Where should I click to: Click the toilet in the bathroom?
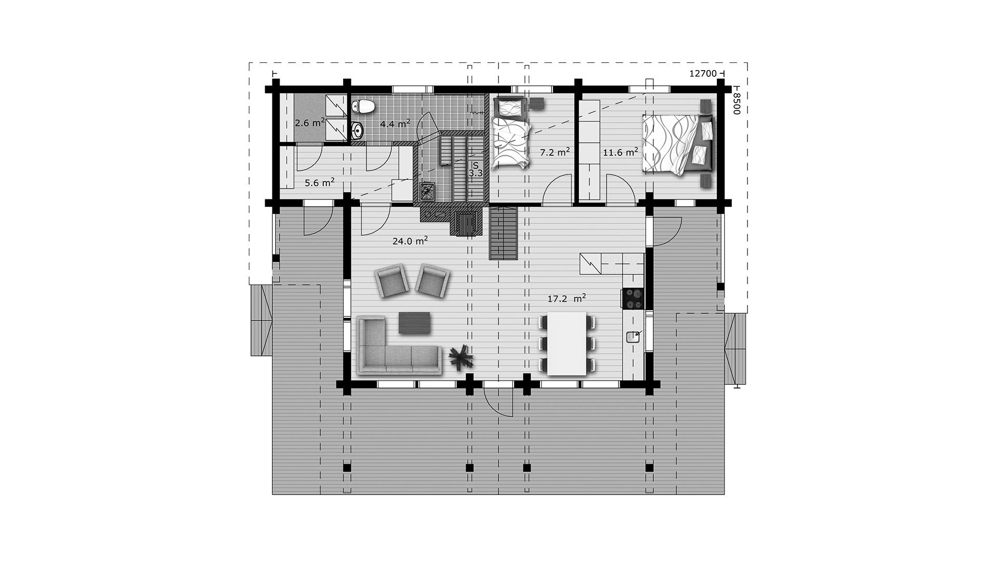(363, 106)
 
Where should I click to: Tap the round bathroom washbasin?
(358, 130)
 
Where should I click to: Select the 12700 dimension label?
(703, 74)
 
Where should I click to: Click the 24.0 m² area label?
(410, 241)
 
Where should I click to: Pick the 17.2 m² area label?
(567, 299)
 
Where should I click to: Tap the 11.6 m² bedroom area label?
(621, 152)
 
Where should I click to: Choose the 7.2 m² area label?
(555, 152)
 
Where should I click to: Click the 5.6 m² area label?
(319, 183)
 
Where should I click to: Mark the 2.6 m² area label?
(310, 123)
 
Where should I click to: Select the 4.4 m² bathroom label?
(395, 124)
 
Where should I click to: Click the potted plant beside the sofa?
(461, 357)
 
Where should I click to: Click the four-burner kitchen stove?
(633, 298)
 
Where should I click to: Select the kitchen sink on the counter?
(633, 337)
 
